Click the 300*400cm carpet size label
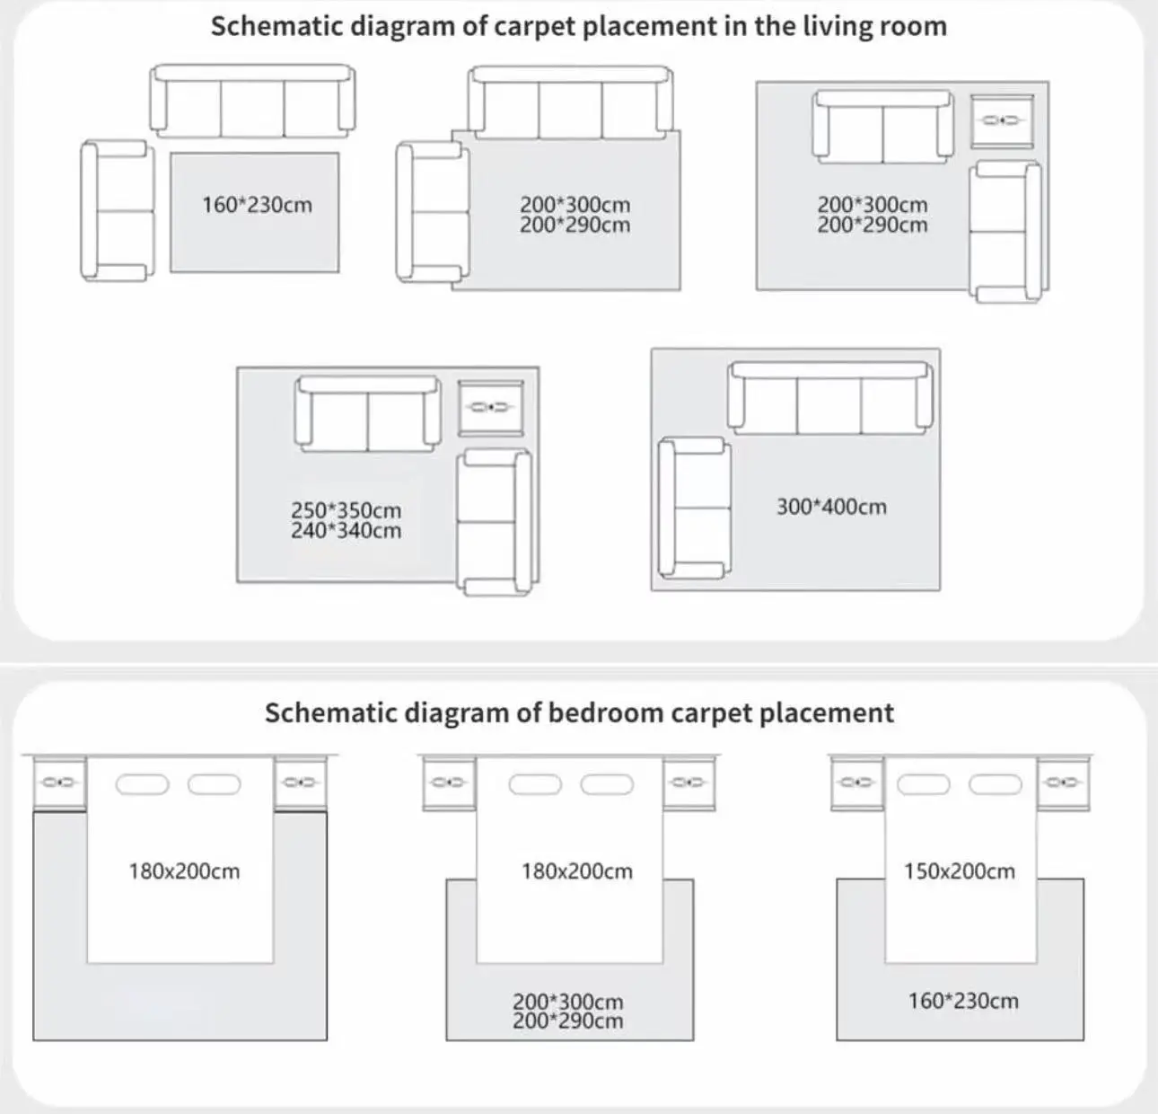point(831,507)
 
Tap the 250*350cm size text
point(346,510)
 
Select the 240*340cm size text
point(346,531)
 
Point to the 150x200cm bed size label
point(959,871)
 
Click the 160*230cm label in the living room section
point(257,205)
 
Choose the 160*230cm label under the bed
point(962,1001)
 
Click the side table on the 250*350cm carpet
point(490,407)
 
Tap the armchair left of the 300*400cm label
point(693,507)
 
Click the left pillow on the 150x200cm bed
point(924,784)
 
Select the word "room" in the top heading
point(916,26)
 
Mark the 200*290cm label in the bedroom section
point(567,1021)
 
